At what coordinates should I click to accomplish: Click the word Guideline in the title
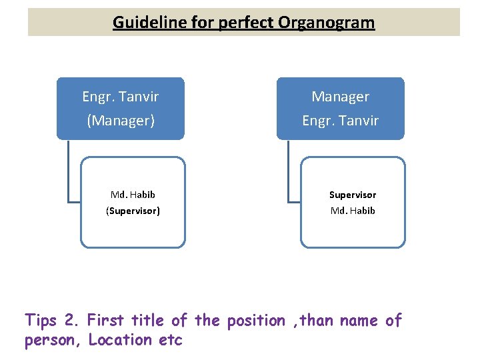143,23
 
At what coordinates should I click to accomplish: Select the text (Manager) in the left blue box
121,121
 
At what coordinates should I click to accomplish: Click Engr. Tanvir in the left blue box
121,97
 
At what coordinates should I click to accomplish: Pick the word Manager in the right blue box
341,97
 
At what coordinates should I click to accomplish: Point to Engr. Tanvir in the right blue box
341,121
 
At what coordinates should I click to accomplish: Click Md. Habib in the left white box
133,195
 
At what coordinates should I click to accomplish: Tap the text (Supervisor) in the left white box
133,211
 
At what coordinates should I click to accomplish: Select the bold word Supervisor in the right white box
353,195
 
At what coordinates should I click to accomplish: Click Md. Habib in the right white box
353,211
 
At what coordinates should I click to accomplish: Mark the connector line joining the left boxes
69,173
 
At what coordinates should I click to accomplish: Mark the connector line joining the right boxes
289,173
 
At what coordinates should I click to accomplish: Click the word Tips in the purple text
41,321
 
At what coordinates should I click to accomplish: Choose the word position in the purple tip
256,321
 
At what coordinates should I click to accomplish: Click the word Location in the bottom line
120,340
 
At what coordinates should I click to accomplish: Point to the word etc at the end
170,340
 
